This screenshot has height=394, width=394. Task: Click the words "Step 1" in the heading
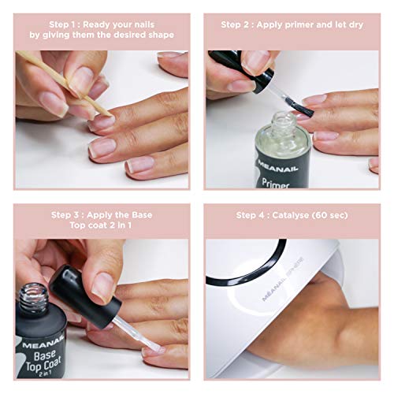click(63, 24)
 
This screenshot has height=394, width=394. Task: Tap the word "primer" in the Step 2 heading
click(299, 25)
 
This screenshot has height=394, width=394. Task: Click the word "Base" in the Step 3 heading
click(142, 215)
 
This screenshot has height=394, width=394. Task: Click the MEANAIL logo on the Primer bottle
click(277, 166)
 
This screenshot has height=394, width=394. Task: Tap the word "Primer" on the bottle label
click(276, 183)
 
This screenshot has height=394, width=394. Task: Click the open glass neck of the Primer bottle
click(284, 122)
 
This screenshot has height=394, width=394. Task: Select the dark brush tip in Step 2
click(301, 108)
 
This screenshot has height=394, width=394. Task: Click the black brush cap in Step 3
click(85, 297)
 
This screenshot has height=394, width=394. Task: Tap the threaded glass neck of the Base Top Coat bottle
click(33, 297)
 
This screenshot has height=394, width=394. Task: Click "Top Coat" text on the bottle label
click(43, 365)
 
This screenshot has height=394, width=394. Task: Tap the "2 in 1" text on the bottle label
click(45, 374)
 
